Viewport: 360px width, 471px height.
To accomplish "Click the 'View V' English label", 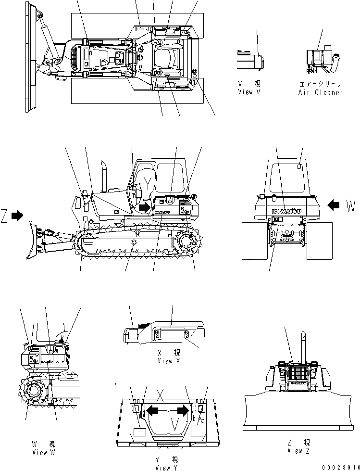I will pyautogui.click(x=248, y=92).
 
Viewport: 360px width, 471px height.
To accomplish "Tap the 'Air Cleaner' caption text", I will pyautogui.click(x=320, y=92).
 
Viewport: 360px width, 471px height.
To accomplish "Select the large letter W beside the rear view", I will pyautogui.click(x=351, y=206).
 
